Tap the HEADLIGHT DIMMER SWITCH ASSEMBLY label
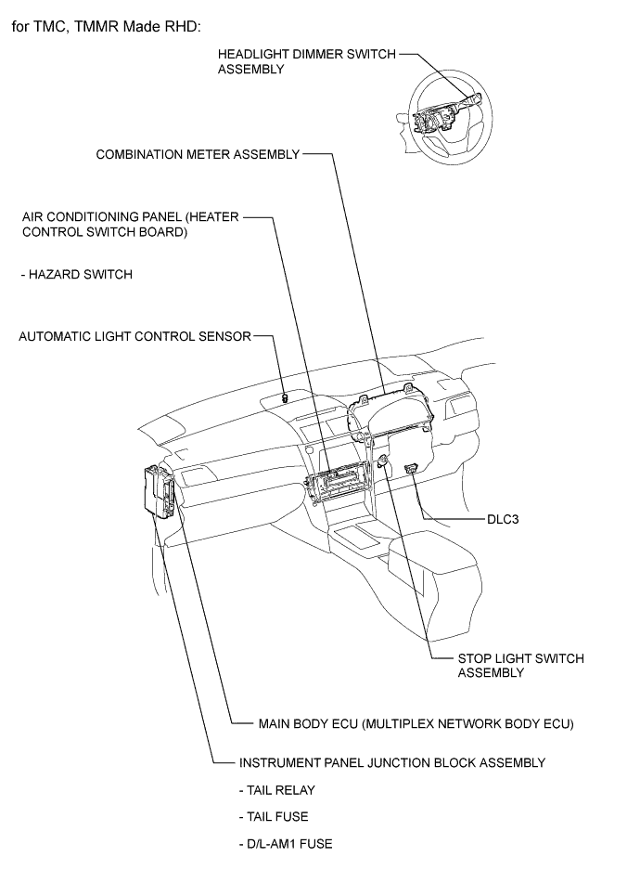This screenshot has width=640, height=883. tap(306, 61)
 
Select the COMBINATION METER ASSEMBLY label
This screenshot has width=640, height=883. tap(198, 154)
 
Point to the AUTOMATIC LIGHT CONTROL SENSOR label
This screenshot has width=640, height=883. tap(135, 336)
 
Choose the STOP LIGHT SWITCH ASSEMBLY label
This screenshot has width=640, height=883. tap(520, 666)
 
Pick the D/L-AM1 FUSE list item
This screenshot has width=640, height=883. tap(285, 844)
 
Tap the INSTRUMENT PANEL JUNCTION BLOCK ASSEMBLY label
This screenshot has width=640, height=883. tap(391, 763)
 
